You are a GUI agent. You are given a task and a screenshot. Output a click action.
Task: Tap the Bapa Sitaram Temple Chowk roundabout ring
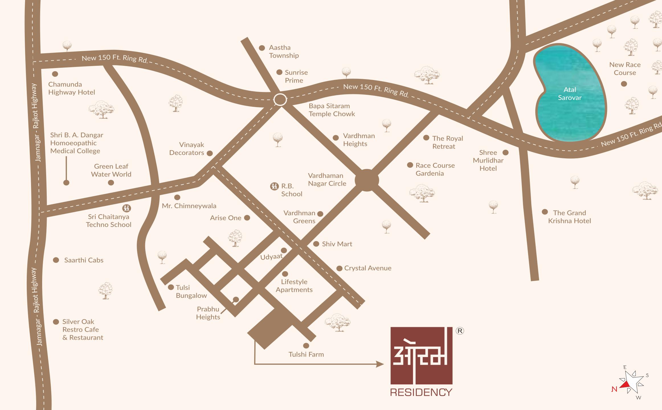280,100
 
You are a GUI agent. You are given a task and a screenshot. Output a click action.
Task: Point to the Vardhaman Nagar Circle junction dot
367,180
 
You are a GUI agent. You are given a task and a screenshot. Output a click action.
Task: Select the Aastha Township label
284,52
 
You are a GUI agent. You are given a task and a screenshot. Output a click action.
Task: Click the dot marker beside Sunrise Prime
279,72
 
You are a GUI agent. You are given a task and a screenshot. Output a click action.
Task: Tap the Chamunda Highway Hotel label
71,88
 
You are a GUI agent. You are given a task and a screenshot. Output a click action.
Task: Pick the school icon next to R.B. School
274,186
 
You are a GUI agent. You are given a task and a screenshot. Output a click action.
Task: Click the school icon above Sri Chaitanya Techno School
126,208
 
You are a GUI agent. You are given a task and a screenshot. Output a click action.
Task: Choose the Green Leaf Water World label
111,170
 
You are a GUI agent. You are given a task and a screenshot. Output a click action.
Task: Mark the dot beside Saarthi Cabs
56,260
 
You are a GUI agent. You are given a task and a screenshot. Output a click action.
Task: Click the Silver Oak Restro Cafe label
83,329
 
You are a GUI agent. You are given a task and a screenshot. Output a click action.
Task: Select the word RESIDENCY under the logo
421,392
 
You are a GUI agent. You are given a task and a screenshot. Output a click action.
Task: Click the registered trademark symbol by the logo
460,331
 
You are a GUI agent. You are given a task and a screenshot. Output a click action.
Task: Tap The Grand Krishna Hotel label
569,217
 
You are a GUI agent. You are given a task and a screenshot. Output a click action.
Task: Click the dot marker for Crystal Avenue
339,268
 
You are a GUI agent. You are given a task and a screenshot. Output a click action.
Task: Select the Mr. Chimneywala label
189,206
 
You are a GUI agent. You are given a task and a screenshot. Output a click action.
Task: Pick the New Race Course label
625,69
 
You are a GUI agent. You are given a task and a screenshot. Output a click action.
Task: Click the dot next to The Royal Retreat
426,138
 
